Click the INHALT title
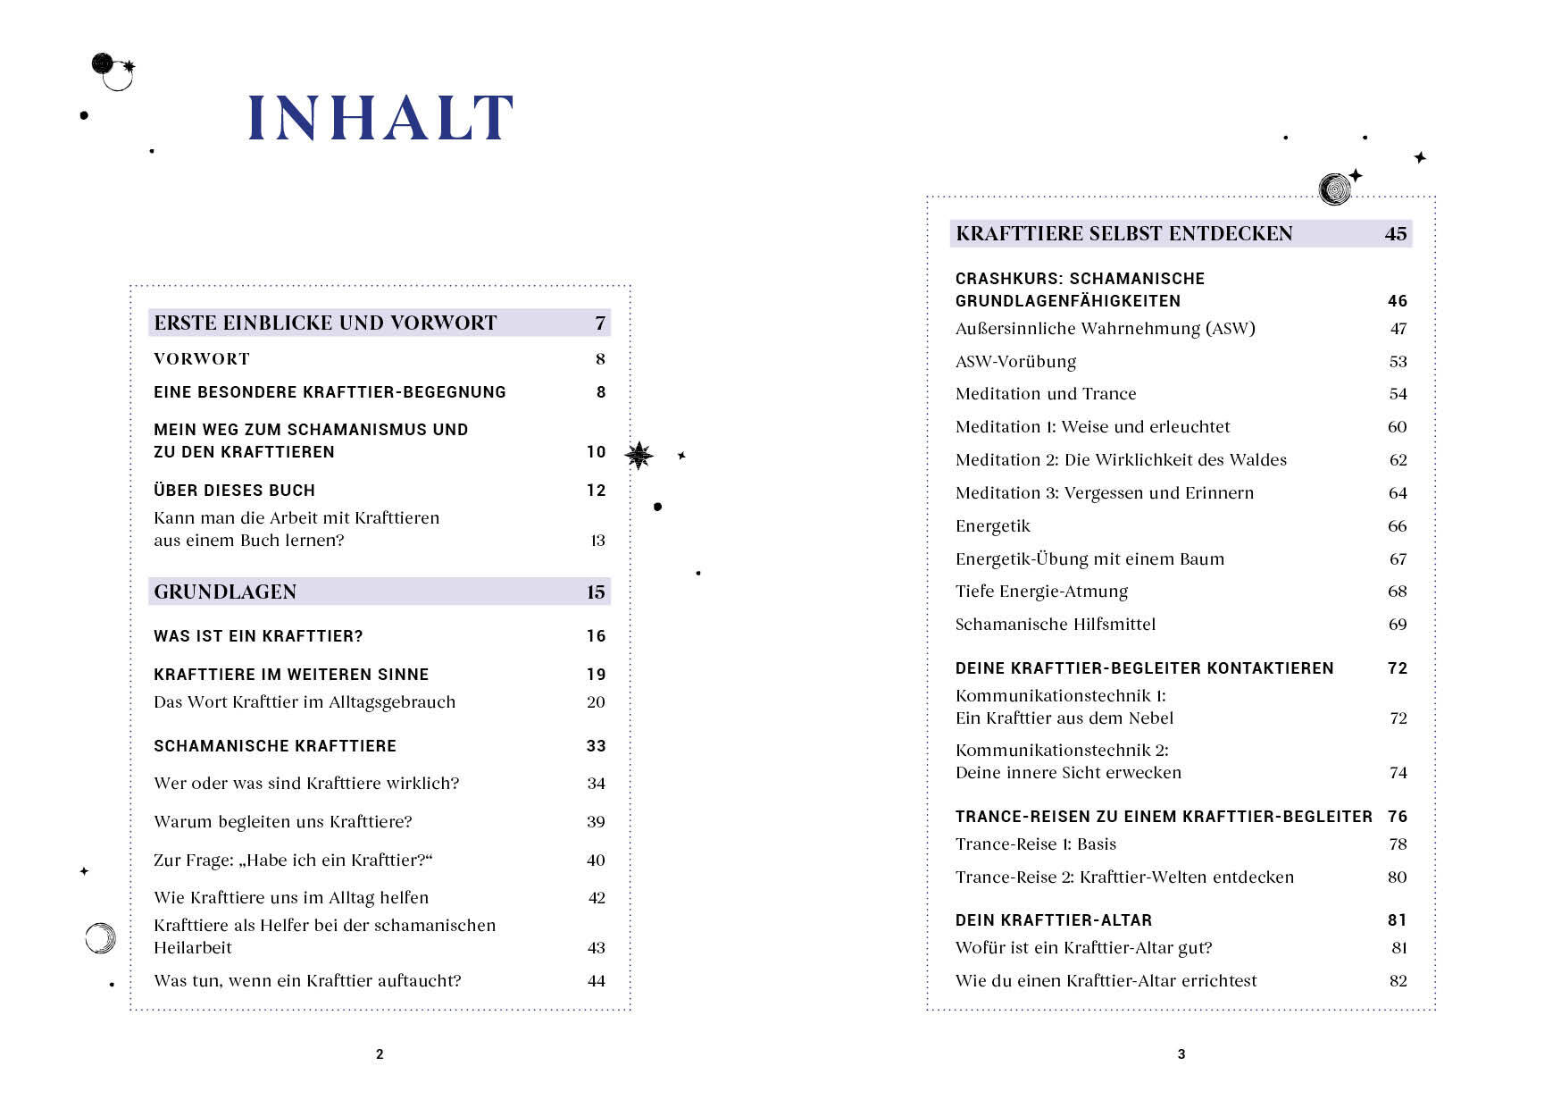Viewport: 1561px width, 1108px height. pos(380,118)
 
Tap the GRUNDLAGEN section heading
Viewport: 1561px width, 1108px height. pos(225,592)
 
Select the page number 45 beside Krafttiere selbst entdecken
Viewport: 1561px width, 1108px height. pos(1395,234)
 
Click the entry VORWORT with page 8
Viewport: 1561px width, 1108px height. pos(202,359)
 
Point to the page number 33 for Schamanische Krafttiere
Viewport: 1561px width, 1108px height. pos(596,746)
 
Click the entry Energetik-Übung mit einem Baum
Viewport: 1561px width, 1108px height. pos(1089,559)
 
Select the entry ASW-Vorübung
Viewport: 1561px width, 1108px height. pos(1015,362)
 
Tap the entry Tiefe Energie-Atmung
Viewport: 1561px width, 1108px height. pos(1041,592)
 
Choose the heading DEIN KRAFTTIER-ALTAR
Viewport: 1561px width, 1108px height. pos(1054,920)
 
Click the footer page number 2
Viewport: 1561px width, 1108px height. pos(380,1054)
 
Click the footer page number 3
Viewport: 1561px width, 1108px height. pos(1181,1054)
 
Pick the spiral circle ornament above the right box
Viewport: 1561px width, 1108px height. pos(1334,189)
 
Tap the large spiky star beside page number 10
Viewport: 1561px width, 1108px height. pos(639,456)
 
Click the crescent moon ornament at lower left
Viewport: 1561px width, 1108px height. pos(100,937)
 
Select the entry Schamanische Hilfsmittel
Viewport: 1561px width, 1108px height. pos(1056,625)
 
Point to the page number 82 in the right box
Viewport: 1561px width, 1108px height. pos(1398,981)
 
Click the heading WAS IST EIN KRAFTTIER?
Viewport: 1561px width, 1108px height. pos(258,636)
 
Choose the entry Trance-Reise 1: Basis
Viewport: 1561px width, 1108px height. pos(1036,844)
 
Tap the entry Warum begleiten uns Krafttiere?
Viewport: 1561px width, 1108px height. pos(283,822)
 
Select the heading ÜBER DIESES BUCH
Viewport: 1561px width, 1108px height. pos(234,491)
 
